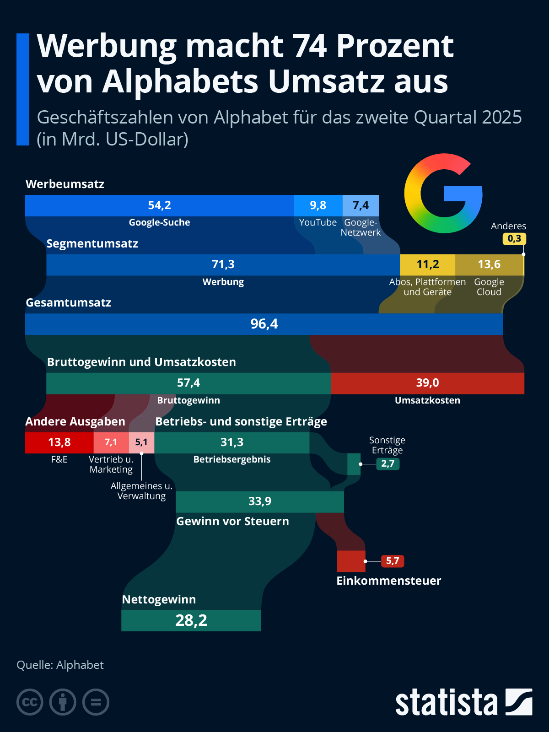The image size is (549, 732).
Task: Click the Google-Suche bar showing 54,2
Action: point(159,205)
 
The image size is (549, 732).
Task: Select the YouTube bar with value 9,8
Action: point(318,205)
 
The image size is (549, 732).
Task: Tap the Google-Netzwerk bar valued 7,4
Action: point(361,205)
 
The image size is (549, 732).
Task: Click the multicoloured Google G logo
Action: point(443,193)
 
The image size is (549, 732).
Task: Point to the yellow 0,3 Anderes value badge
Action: point(514,238)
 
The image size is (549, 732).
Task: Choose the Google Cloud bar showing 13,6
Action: point(489,264)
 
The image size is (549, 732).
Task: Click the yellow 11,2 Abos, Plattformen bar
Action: point(427,264)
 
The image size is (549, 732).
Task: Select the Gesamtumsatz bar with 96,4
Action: point(264,324)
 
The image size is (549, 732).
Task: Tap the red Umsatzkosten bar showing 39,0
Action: point(427,383)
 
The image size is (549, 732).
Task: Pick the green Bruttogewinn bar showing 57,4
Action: point(188,383)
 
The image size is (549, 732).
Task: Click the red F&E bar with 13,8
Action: point(59,442)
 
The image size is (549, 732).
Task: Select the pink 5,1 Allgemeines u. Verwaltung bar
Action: point(141,442)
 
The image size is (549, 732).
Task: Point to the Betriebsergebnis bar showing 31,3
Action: point(232,442)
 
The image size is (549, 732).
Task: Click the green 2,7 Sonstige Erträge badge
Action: point(388,463)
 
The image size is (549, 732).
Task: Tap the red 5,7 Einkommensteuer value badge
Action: point(392,561)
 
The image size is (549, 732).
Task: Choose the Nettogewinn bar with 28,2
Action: point(191,620)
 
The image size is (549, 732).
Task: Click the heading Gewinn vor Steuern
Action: point(232,521)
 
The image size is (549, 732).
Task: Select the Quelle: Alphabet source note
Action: point(60,665)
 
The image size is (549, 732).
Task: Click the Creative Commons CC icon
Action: point(30,702)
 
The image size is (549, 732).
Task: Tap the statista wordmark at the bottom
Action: point(446,703)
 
